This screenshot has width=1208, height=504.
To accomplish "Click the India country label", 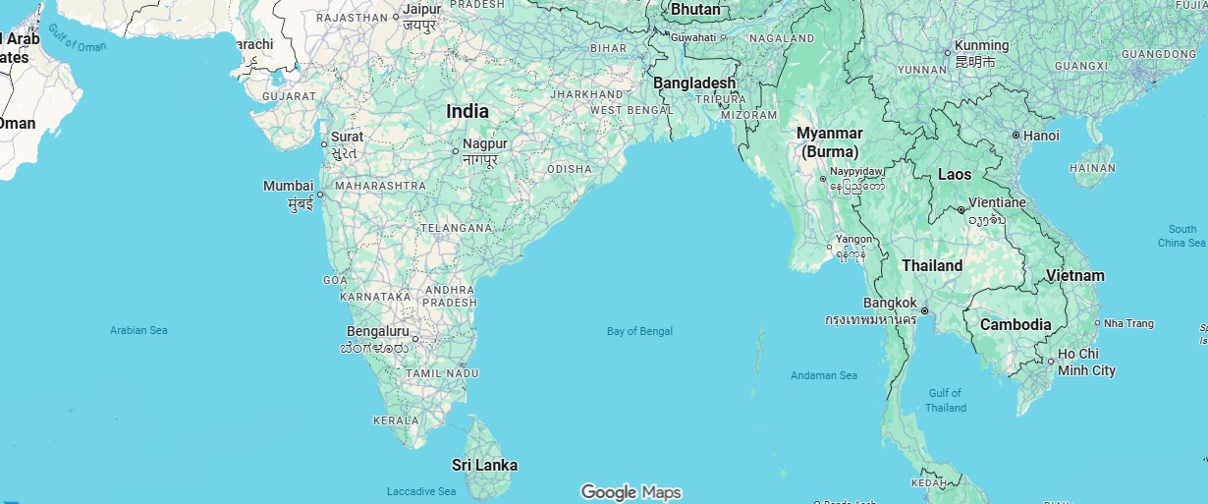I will coord(467,112).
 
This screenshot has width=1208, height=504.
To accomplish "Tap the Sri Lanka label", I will coord(484,465).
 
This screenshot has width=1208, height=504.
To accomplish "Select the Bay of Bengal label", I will coord(639,331).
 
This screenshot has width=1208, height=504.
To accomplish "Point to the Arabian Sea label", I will coord(138,330).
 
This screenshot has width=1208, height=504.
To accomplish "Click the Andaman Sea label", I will coord(824,375).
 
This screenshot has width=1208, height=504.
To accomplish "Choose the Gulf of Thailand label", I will coord(946,400).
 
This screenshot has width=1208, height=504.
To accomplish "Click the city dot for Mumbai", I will coord(320,195).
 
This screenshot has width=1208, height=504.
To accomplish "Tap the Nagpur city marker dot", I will coord(456,151).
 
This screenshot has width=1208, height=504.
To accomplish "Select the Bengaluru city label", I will coord(378,331).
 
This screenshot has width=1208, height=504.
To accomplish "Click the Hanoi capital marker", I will coord(1016,136).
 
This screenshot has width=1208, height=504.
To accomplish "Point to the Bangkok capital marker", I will coord(924,310).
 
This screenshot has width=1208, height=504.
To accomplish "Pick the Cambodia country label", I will coord(1016,325).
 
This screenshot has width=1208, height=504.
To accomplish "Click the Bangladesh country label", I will coord(694,84).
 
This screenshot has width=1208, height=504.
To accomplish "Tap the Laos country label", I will coord(955,175).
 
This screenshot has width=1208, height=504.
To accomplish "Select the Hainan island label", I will coord(1092,168).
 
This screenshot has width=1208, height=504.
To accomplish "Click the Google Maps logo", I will coord(631,492).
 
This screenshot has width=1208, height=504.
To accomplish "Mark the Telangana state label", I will coord(456,228).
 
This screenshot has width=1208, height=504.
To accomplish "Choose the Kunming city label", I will coord(981,45).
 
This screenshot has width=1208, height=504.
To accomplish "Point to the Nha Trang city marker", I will coord(1097,323).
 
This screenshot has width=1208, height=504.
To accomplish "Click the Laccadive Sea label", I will coord(421,491).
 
